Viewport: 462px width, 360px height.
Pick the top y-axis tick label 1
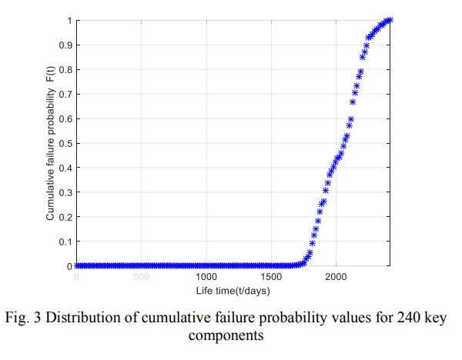pyautogui.click(x=68, y=20)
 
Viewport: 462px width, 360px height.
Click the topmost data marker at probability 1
pyautogui.click(x=390, y=20)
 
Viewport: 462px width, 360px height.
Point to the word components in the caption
pyautogui.click(x=230, y=336)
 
